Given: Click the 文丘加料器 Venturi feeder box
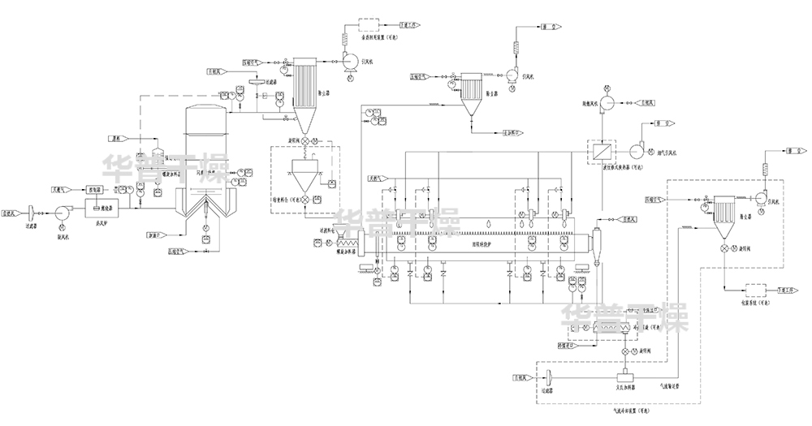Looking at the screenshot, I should point(626,377).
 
